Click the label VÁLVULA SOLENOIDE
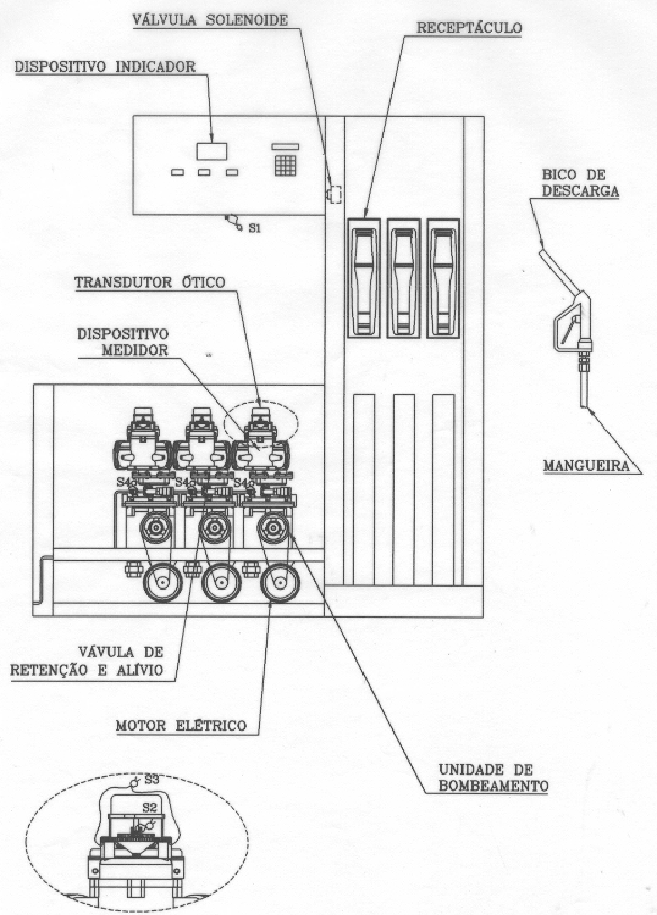point(210,20)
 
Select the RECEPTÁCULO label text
point(469,28)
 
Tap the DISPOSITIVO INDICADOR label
point(105,67)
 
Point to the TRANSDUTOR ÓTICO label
point(149,282)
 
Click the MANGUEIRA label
point(586,465)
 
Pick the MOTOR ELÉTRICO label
point(182,725)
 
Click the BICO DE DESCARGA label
point(580,183)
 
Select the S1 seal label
point(254,229)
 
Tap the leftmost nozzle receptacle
point(364,278)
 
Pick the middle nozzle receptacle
point(403,278)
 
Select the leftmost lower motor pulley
point(163,581)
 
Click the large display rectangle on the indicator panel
point(211,150)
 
